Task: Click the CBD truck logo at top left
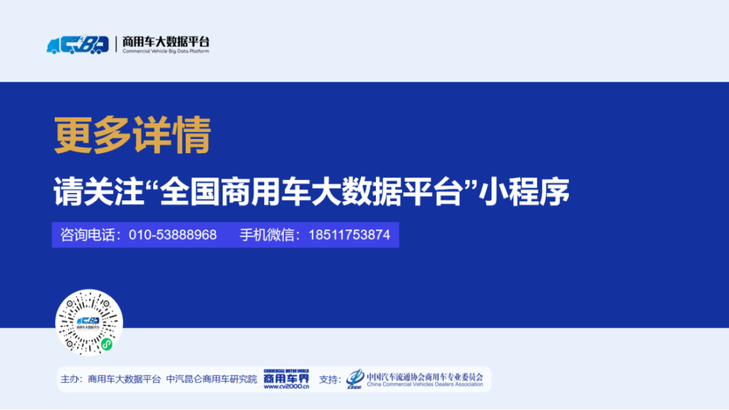77,45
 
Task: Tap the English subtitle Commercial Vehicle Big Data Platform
165,52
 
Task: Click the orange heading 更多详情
132,135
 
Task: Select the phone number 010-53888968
173,235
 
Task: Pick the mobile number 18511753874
349,235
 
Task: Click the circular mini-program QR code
88,323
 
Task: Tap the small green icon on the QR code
106,345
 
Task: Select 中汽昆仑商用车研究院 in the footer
212,380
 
